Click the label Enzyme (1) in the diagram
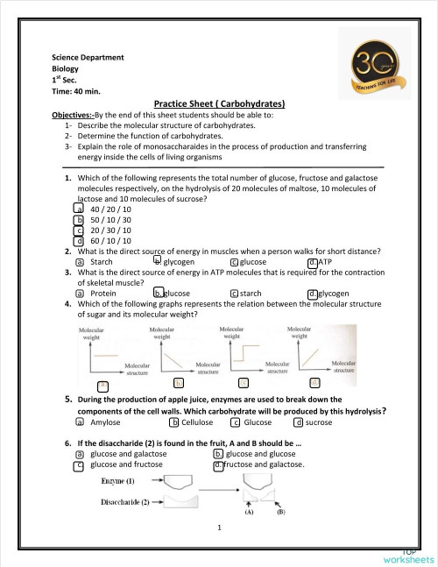coord(117,482)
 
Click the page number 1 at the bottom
coord(219,528)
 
